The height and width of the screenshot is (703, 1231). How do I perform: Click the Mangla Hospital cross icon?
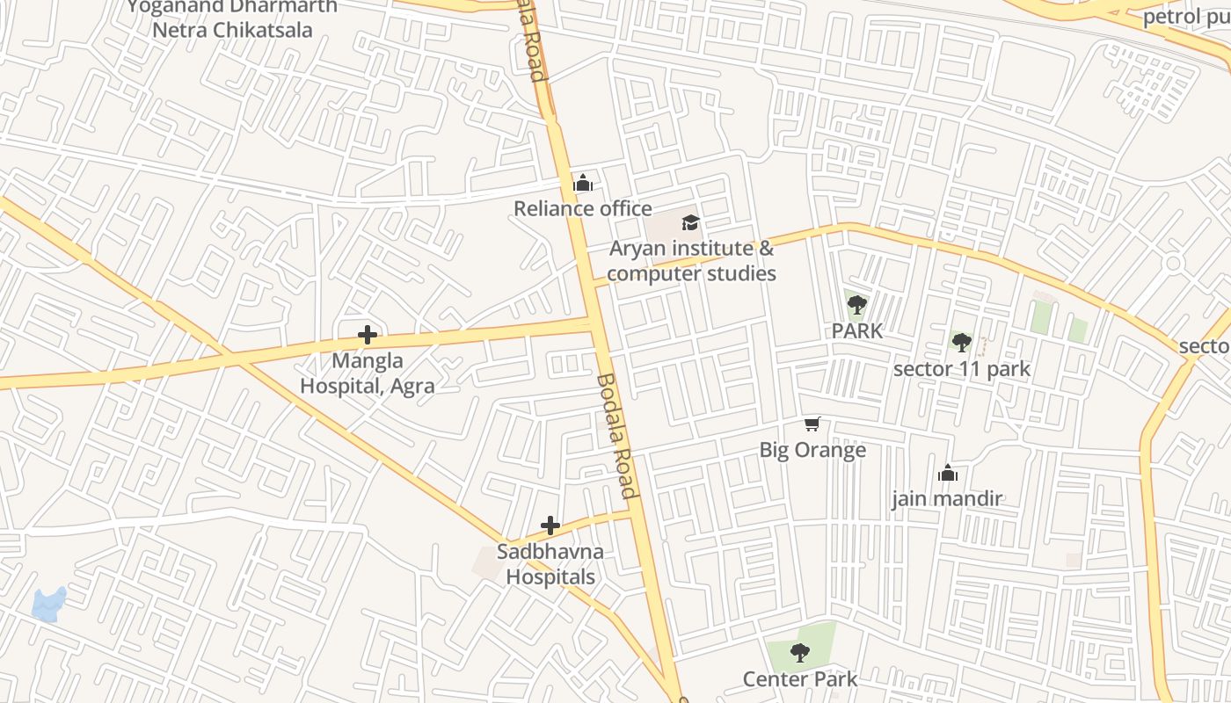click(368, 335)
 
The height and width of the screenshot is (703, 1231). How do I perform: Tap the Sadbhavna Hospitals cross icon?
click(550, 525)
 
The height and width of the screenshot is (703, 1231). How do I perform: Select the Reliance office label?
click(582, 208)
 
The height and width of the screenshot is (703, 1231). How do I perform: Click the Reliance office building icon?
click(582, 183)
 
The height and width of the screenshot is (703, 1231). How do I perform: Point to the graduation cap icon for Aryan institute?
click(690, 222)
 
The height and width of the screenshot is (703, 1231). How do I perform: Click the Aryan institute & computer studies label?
click(691, 261)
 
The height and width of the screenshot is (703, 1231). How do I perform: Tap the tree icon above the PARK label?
click(856, 306)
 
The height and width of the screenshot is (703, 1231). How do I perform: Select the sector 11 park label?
click(961, 368)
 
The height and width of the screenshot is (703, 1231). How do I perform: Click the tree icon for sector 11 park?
click(961, 342)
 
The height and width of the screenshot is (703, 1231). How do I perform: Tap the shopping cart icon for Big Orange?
click(812, 424)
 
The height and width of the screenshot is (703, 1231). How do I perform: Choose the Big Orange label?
click(812, 450)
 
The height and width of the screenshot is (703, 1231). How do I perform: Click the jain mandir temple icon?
click(947, 473)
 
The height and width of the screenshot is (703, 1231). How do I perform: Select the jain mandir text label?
click(947, 499)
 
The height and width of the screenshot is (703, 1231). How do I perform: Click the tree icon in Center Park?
click(799, 652)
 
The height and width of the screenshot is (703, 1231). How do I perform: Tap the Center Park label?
click(799, 678)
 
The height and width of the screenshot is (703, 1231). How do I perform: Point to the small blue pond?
click(48, 605)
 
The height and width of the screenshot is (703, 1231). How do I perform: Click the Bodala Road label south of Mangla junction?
click(615, 436)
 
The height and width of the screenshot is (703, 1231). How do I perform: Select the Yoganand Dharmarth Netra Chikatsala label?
click(232, 18)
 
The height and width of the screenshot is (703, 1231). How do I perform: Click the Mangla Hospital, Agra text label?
click(368, 373)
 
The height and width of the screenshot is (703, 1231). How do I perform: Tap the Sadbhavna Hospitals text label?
click(550, 564)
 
